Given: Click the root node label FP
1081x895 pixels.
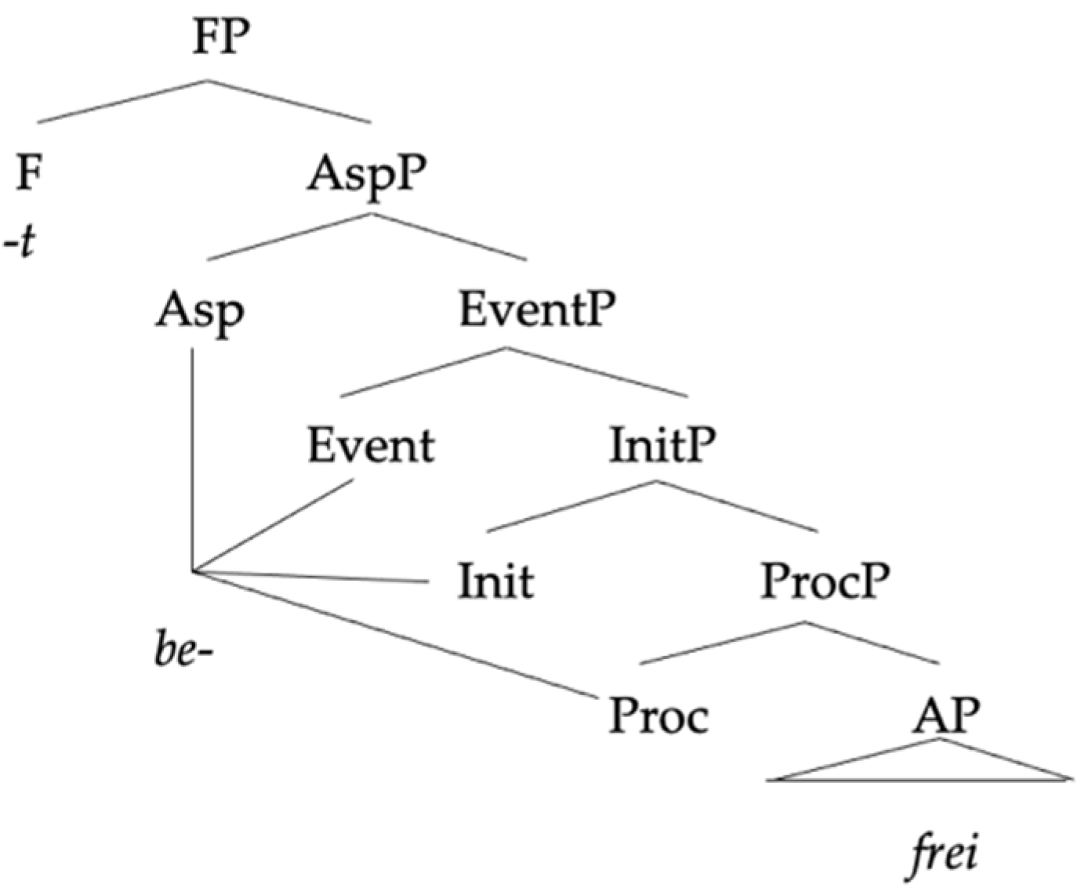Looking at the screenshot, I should tap(221, 37).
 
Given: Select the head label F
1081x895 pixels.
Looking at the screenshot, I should tap(29, 172).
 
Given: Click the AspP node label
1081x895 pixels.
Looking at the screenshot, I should tap(368, 174).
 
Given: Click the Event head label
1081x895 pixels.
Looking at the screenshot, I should tap(370, 445).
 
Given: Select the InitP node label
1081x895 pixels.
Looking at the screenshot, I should tap(662, 445).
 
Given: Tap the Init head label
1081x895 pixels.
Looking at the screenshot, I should tap(495, 582).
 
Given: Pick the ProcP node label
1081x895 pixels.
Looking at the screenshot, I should tap(825, 582).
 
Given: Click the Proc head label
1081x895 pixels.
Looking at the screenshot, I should tap(658, 716).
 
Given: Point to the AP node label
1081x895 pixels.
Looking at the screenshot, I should tap(945, 715).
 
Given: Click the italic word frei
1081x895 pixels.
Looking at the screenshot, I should tap(944, 853).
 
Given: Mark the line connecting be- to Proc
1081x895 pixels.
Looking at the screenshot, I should tap(392, 634).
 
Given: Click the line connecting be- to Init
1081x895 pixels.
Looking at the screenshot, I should tap(314, 578).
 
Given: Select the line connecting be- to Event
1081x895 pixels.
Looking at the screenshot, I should tap(274, 525).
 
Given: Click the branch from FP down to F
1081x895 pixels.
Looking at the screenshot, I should tap(122, 101).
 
